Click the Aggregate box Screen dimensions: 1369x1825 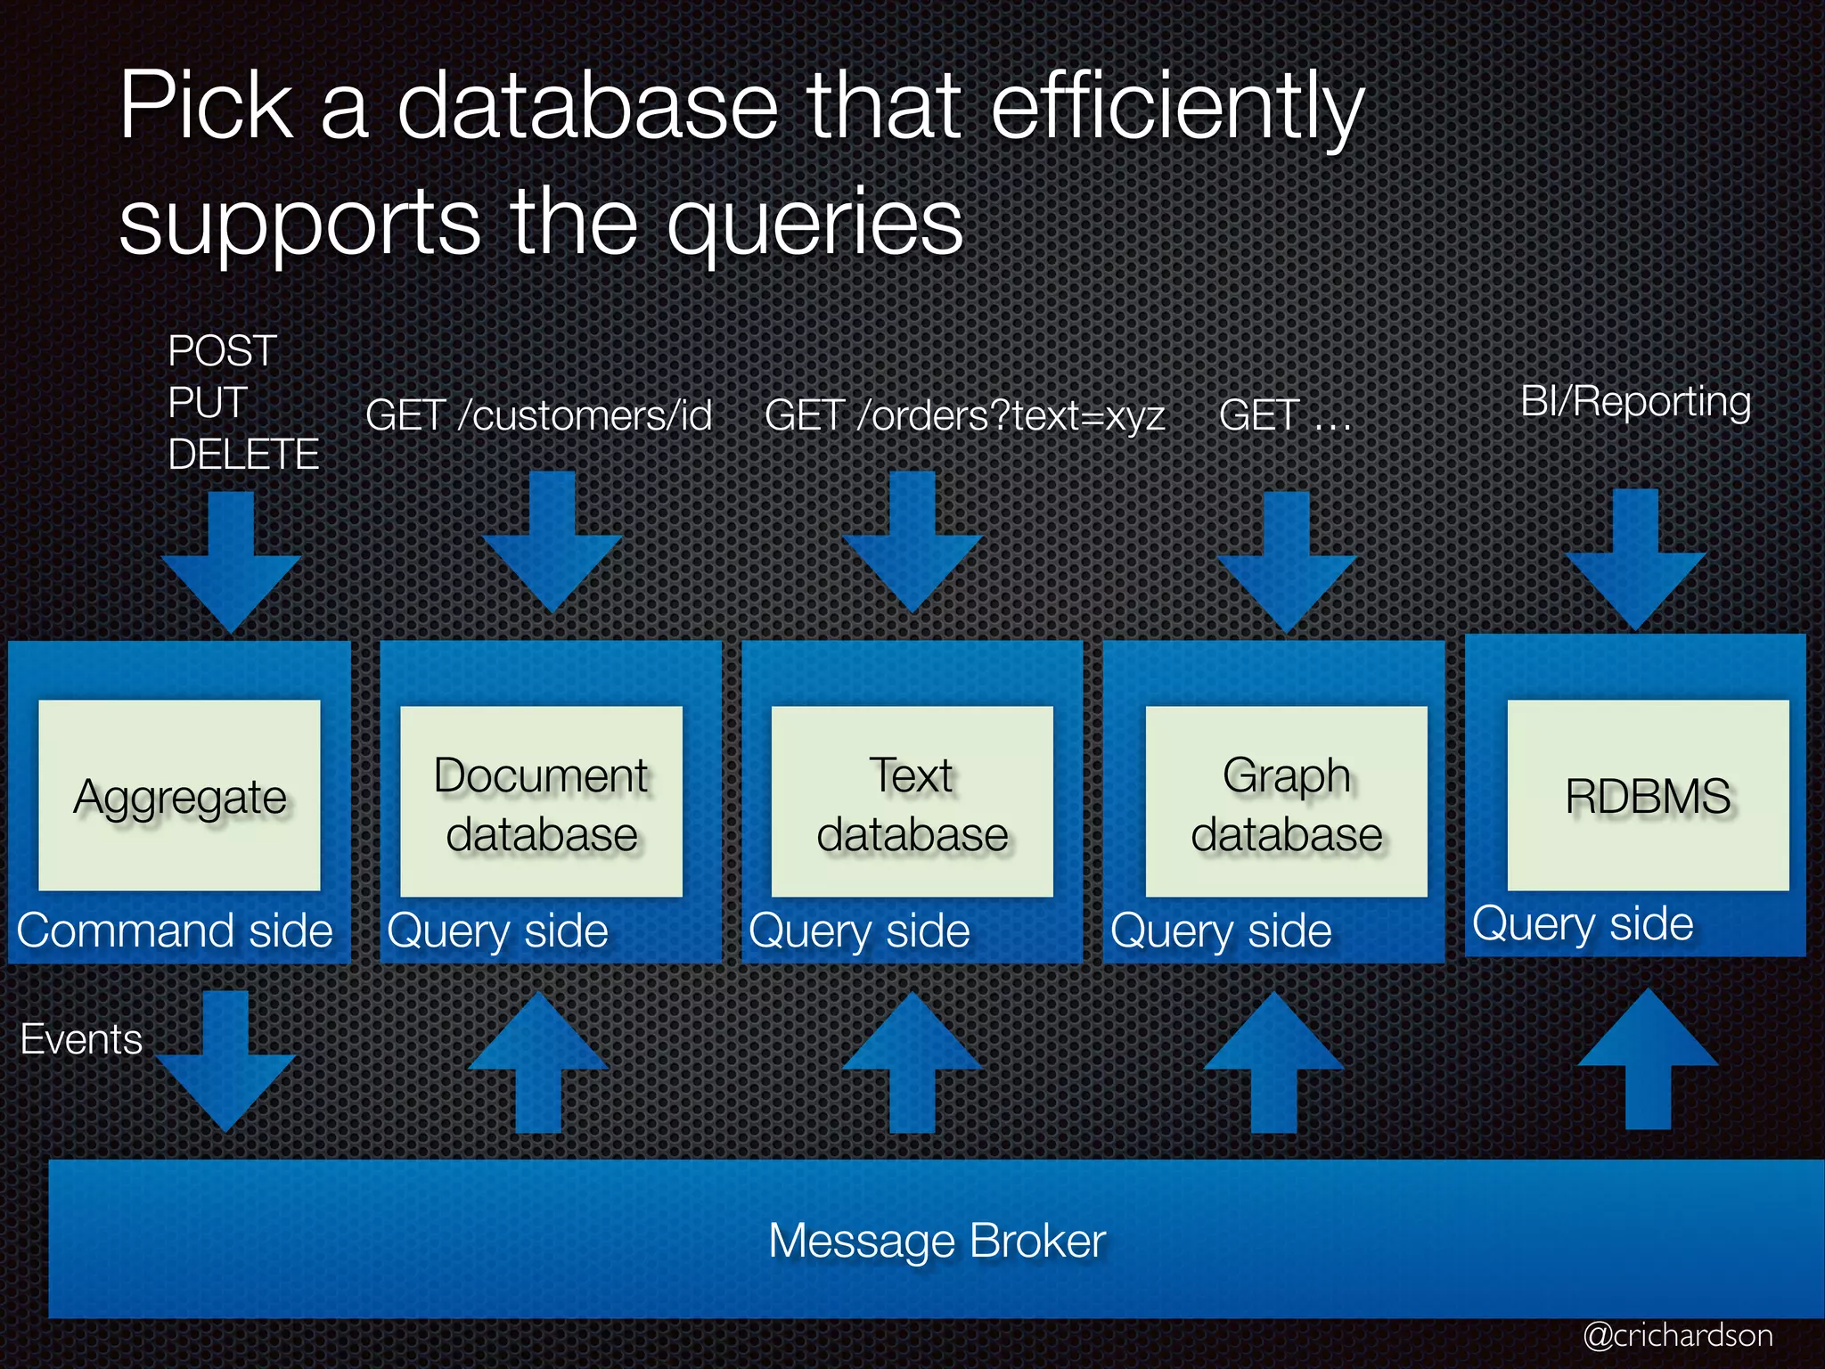pos(179,795)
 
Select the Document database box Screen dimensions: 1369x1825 pos(541,802)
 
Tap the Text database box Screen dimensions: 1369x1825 pos(912,802)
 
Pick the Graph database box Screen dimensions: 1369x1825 pos(1286,802)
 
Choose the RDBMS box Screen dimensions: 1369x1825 pos(1648,795)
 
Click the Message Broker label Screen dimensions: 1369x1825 pos(937,1240)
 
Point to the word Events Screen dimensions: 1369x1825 pos(81,1039)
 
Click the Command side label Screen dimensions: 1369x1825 pos(175,930)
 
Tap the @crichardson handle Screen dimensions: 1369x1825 pos(1677,1335)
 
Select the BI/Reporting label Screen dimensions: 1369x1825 pos(1635,401)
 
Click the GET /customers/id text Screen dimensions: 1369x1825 pos(538,415)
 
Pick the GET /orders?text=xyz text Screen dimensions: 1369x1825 pos(964,415)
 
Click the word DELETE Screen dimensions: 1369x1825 pos(243,455)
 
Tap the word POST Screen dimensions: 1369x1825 pos(222,350)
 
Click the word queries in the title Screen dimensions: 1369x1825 pos(814,223)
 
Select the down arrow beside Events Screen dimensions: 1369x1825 pos(226,1061)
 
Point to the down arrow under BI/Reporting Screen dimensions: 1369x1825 pos(1636,560)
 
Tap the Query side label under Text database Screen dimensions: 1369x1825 pos(859,930)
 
